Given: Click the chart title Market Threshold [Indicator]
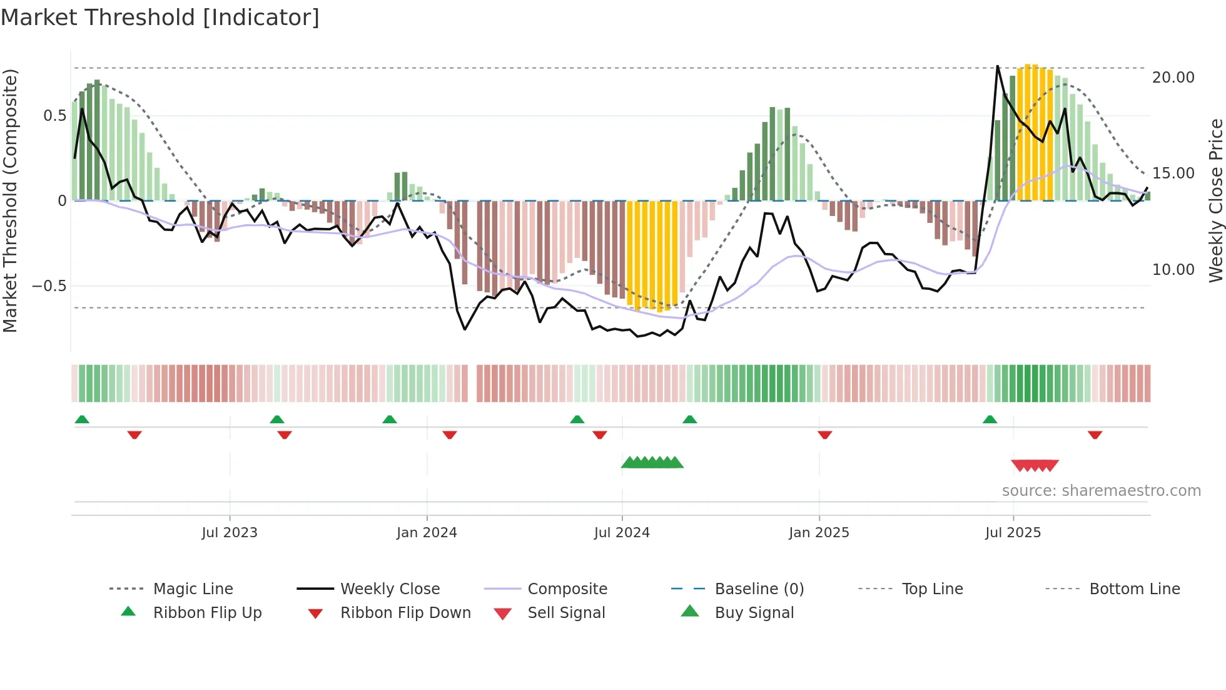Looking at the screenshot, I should coord(160,18).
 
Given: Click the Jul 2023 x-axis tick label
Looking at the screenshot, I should coord(230,533).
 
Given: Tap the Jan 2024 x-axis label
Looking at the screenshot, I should coord(427,533).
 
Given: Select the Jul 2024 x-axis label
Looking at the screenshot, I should coord(622,533).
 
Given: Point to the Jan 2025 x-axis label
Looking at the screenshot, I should coord(819,533).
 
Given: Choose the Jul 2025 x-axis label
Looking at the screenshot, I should coord(1013,533).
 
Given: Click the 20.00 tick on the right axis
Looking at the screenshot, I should coord(1173,78).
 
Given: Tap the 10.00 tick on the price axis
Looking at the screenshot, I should coord(1173,270).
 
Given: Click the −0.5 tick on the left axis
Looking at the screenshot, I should coord(49,286).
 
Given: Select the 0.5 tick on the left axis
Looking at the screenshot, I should coord(54,116).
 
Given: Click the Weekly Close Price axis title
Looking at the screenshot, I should coord(1215,200).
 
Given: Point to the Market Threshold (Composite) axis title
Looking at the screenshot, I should coord(10,200).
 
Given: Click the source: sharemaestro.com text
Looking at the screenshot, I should coord(1101,491).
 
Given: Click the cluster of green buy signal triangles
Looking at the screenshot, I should coord(652,463).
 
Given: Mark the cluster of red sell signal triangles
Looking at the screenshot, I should coord(1035,466).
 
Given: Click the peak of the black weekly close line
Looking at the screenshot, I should coord(997,66).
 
